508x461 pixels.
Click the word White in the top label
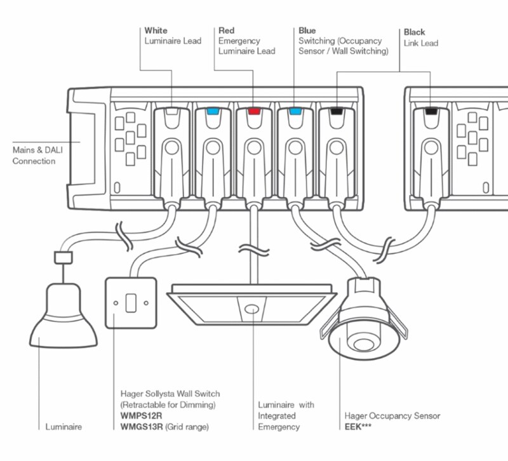[x=156, y=30]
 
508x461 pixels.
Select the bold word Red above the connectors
[x=227, y=30]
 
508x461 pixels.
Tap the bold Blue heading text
[x=308, y=30]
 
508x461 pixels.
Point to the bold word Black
[x=415, y=32]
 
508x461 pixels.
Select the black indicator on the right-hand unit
[x=431, y=112]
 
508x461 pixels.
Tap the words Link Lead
[x=420, y=43]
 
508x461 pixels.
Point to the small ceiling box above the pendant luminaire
[x=63, y=257]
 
